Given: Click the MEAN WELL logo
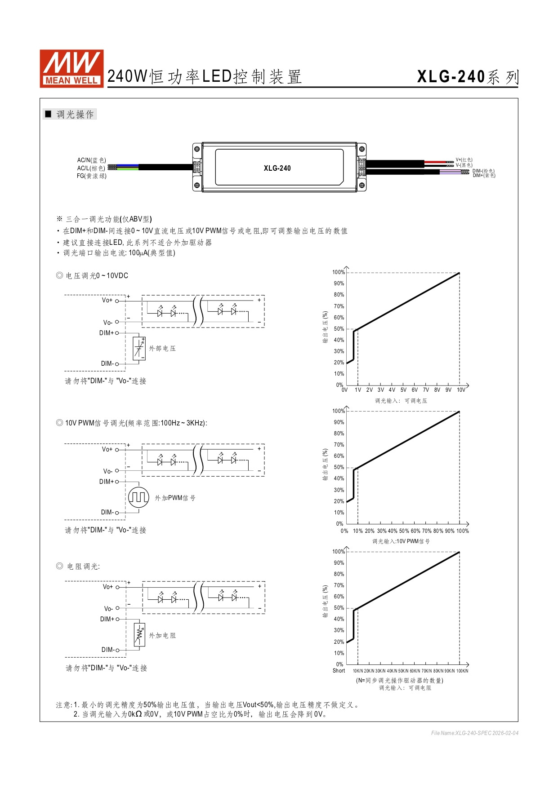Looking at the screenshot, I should pos(71,68).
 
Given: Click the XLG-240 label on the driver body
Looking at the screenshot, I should pos(277,168).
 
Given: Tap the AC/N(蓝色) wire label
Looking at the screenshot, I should pos(91,160).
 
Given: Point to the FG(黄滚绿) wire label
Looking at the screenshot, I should pos(91,176).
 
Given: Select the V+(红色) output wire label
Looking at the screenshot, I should pos(464,159).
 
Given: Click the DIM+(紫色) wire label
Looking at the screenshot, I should pos(484,176).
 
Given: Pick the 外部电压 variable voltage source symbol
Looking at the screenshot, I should pos(139,348).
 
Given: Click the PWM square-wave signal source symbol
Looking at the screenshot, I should pos(138,497).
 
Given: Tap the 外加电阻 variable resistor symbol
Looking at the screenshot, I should pos(139,635).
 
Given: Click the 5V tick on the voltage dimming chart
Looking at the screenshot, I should pos(403,390).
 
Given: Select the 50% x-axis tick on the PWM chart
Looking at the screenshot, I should pos(404,531).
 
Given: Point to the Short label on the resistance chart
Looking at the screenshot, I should pos(339,671).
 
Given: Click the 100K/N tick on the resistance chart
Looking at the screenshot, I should pos(462,671).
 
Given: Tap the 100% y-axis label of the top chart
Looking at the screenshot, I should pos(338,272).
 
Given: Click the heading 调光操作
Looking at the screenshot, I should pos(75,115).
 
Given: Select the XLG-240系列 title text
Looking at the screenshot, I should pos(468,77).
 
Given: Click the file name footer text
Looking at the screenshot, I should pos(474,733).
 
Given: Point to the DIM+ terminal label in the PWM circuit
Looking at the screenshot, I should pos(107,482).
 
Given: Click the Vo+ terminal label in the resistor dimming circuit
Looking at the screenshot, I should pos(108,587).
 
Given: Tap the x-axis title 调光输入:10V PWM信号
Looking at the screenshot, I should pos(401,541).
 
